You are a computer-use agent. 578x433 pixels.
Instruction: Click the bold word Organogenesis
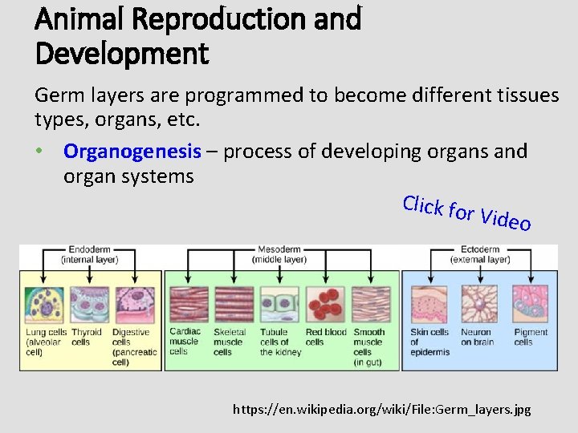132,151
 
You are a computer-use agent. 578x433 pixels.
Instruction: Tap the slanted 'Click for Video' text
466,212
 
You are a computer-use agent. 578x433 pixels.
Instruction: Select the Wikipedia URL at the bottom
381,409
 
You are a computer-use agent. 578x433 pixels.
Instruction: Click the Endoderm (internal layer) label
90,254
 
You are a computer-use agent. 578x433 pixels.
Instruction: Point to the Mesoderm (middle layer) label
279,254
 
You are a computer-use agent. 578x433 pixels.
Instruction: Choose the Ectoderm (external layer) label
480,254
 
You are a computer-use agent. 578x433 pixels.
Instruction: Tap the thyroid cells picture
89,304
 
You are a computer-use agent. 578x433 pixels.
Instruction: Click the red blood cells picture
325,304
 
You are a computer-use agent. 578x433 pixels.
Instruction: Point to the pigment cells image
531,304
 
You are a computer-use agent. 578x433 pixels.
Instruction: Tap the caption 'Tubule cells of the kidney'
280,342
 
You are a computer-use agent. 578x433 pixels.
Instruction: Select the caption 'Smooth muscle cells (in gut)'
369,346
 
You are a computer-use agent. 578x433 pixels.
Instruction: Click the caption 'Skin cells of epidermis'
429,342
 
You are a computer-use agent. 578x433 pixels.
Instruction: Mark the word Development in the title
121,54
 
